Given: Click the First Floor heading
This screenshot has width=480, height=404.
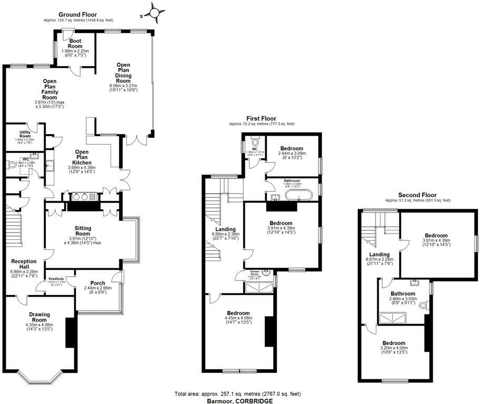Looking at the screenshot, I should coord(262,119).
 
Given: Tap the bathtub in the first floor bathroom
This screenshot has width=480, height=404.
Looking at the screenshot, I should coord(299,197).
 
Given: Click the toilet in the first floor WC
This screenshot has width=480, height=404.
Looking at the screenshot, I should coord(256,142).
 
